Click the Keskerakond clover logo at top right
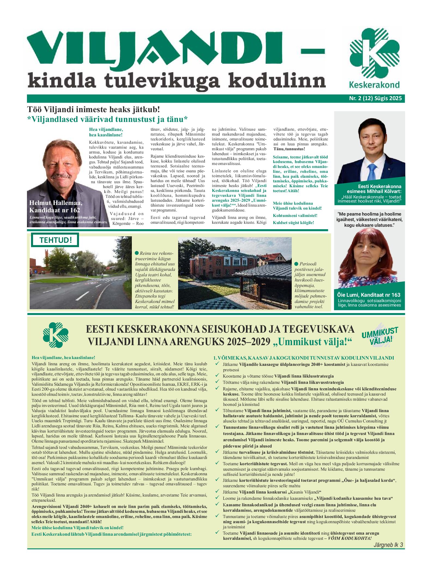point(374,53)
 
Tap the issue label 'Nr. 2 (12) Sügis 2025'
point(375,98)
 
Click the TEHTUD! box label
point(55,240)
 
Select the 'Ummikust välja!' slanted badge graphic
point(380,336)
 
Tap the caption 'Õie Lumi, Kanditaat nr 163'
point(369,295)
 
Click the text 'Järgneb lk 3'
point(388,545)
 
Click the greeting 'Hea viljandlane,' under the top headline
point(106,130)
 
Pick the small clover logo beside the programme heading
point(56,335)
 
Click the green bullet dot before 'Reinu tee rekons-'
point(137,253)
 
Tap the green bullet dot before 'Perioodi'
point(296,264)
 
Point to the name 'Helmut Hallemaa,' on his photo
point(56,203)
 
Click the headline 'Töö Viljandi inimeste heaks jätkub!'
point(93,109)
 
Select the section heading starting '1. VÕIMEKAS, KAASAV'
point(303,358)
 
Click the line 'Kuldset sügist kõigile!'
point(293,223)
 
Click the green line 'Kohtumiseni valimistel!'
point(295,216)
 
